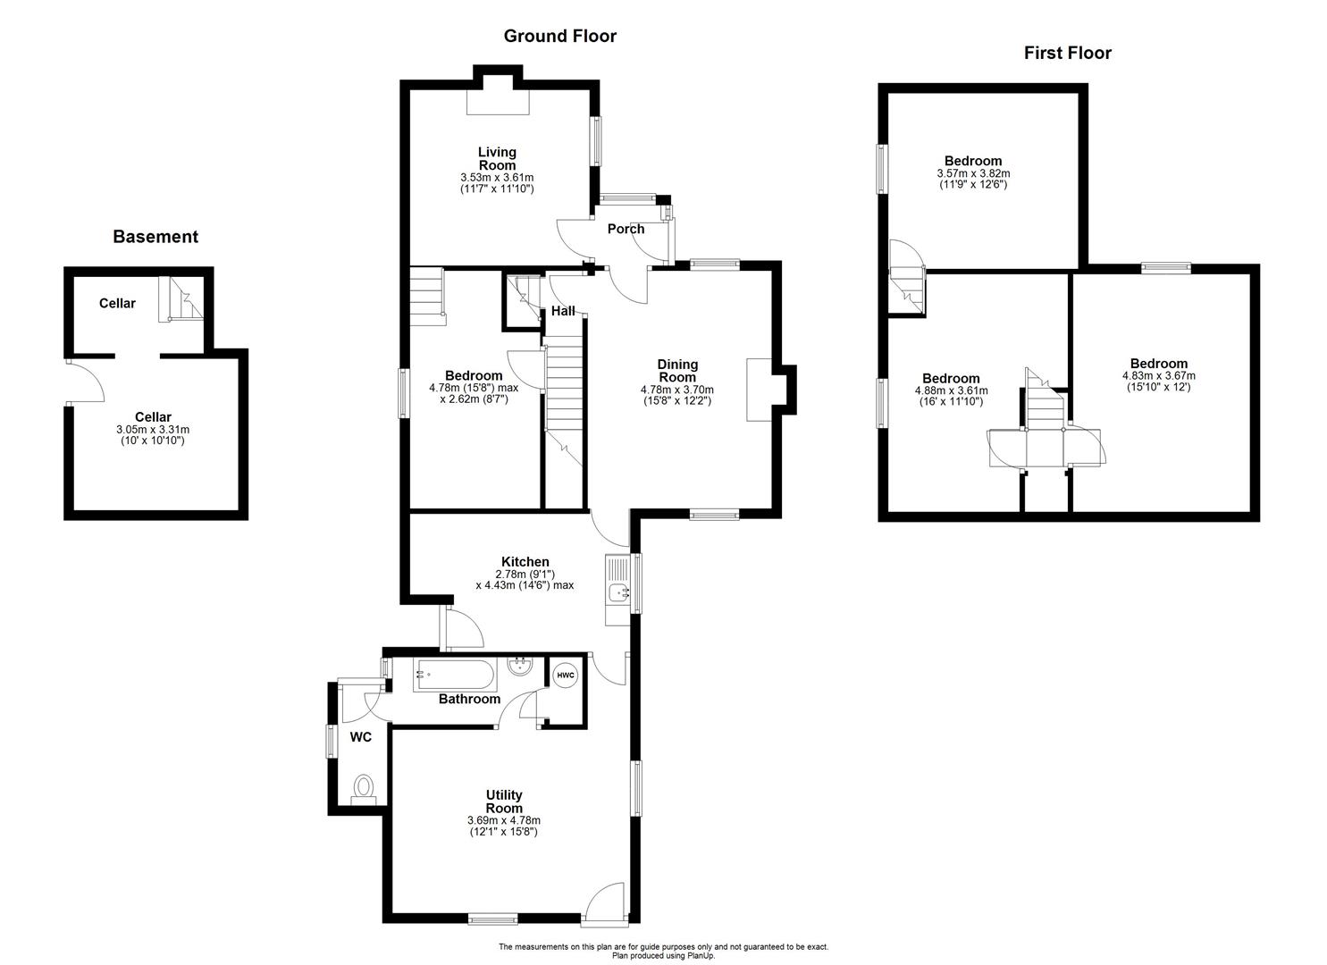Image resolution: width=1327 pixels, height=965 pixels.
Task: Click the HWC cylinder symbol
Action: click(566, 675)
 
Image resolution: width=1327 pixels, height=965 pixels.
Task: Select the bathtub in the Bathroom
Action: click(454, 675)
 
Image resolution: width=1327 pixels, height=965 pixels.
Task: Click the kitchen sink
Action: click(618, 591)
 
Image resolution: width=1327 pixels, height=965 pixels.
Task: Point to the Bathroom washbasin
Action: click(519, 666)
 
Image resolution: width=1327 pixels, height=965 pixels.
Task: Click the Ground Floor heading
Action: click(559, 36)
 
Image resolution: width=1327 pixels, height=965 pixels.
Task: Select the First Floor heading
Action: click(1067, 53)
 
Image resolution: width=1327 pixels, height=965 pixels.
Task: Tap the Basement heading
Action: click(155, 237)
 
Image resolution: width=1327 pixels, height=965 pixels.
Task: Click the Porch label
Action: click(626, 229)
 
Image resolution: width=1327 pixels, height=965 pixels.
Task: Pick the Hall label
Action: click(563, 311)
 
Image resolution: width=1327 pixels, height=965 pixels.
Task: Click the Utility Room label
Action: click(504, 801)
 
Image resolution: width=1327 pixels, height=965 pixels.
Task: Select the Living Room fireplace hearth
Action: click(498, 102)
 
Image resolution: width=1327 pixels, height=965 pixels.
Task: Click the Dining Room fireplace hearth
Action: click(758, 389)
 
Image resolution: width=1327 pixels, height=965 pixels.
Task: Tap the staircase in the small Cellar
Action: click(181, 299)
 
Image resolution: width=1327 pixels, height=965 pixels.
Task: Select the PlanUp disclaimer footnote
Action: click(663, 951)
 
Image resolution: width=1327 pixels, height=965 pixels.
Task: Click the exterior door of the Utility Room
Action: click(605, 904)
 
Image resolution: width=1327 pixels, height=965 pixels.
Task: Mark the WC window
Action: click(330, 741)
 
